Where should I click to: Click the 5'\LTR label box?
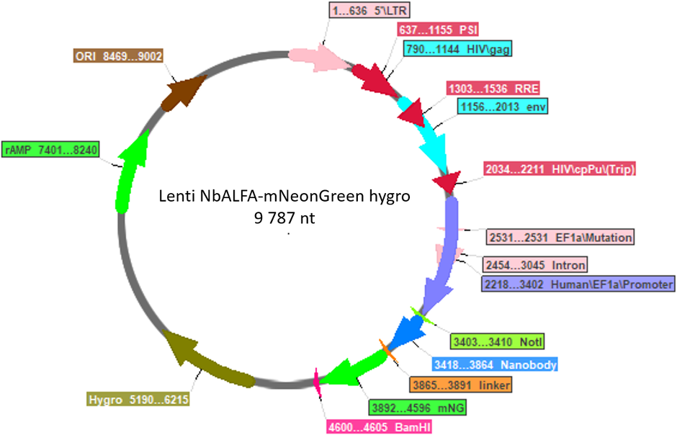point(369,10)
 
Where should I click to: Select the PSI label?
point(438,30)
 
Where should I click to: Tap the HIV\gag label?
point(457,49)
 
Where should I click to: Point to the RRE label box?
point(493,89)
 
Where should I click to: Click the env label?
point(503,106)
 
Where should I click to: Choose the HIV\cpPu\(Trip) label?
point(560,169)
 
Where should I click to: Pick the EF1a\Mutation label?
point(560,238)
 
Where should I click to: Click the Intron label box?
point(535,264)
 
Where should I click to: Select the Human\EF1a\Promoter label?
point(578,284)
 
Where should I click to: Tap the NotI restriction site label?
point(498,342)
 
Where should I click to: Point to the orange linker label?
point(461,385)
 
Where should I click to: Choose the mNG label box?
point(418,408)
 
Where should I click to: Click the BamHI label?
point(380,427)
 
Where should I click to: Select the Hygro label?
point(138,399)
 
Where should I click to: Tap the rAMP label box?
point(50,149)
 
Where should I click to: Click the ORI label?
point(118,56)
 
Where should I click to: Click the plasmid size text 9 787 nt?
point(284,218)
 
